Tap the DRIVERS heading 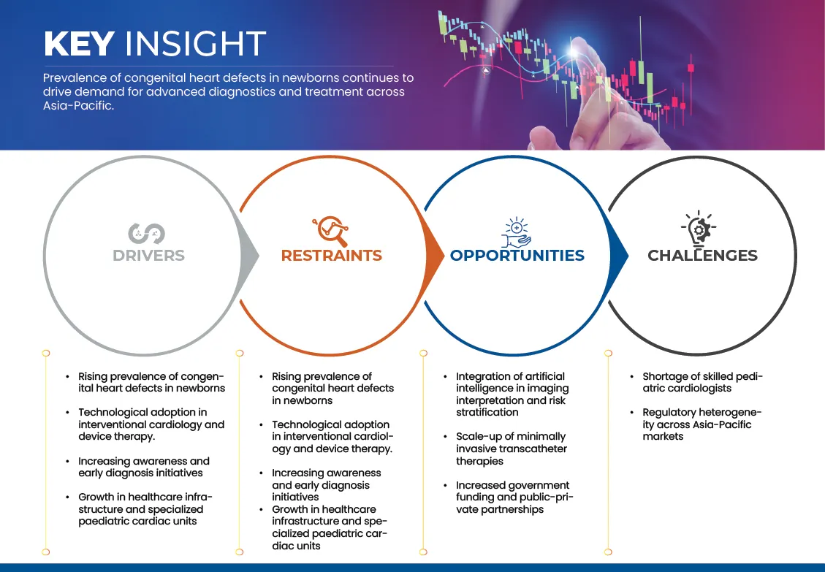[x=148, y=255]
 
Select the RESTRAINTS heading [x=332, y=255]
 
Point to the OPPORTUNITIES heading [x=517, y=255]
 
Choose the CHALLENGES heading [x=702, y=255]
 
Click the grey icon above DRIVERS [x=147, y=234]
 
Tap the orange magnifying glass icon [x=330, y=231]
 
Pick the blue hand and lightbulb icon [x=516, y=232]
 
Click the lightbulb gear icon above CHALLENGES [x=699, y=229]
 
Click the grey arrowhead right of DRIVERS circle [x=249, y=256]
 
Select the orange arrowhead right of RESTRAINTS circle [x=435, y=256]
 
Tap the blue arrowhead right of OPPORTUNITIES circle [x=619, y=256]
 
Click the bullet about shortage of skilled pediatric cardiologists [x=702, y=383]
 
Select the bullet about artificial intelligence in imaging [x=512, y=394]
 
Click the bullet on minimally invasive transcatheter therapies [x=511, y=449]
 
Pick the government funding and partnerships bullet [x=514, y=497]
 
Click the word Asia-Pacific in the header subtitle [x=78, y=105]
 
